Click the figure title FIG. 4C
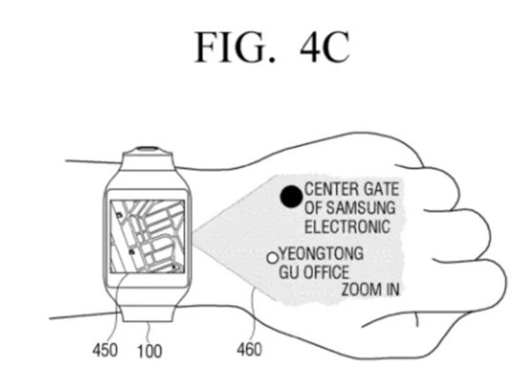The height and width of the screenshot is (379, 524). point(272,47)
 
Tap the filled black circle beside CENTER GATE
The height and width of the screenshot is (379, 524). point(291,196)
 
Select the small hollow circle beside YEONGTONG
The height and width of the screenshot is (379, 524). point(272,258)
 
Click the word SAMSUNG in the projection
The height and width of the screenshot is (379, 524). point(361,208)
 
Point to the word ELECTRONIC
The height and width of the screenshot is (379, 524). point(347,226)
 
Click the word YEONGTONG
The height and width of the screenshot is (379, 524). point(322,253)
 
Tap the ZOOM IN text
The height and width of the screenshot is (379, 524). point(370,289)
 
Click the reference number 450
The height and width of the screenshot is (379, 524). point(105,351)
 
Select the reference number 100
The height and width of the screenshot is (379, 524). point(150,351)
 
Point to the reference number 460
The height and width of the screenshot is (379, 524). point(250,350)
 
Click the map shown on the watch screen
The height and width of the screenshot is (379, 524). point(147,237)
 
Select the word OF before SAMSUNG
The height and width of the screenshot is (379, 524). point(313,208)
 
